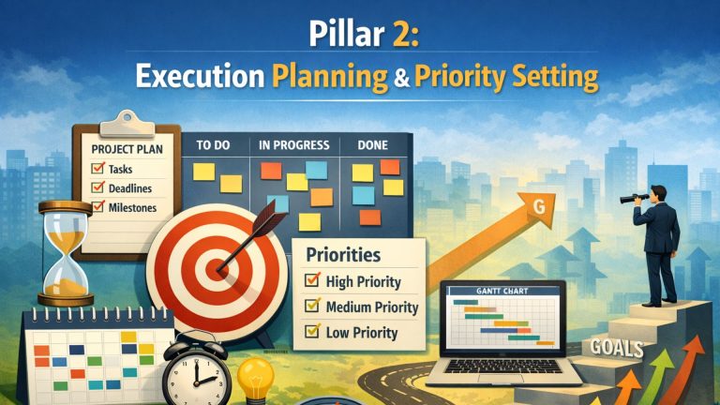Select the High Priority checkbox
click(x=311, y=281)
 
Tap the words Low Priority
click(x=361, y=332)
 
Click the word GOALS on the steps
click(x=618, y=349)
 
